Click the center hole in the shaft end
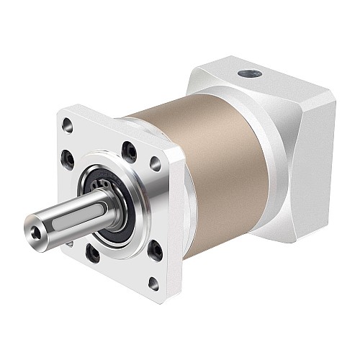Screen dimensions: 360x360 [x=39, y=231]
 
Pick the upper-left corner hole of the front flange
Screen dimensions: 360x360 [x=68, y=127]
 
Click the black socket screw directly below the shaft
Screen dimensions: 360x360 [x=93, y=253]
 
